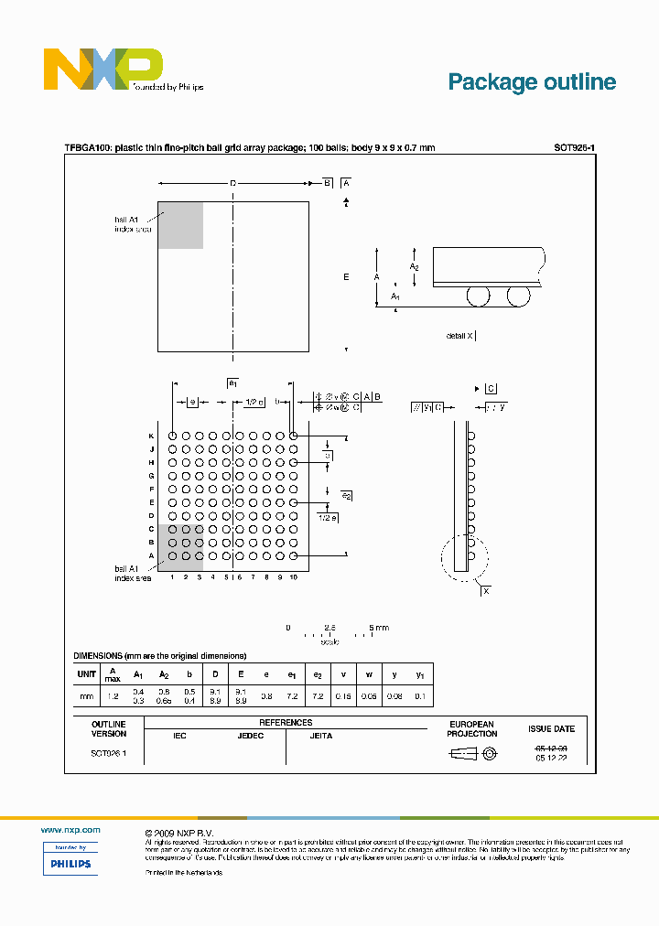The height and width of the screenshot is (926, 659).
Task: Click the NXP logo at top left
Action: coord(103,70)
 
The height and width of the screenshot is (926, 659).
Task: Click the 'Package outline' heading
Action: coord(532,81)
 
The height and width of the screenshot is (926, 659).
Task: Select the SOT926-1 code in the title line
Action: coord(575,147)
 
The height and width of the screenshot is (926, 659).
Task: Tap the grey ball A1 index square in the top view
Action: coord(180,225)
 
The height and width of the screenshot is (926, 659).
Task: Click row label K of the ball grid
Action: coord(152,436)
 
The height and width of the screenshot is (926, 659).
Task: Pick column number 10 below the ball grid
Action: coord(294,577)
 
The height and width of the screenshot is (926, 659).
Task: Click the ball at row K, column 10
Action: coord(294,436)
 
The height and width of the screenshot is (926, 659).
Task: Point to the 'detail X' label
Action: coord(459,336)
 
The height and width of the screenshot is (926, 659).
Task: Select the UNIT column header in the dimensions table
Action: coord(87,674)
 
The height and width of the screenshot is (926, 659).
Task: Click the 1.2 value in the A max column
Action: coord(113,696)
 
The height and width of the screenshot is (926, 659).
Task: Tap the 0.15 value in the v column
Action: coord(343,696)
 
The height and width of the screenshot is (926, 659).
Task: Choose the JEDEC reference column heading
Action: coord(251,736)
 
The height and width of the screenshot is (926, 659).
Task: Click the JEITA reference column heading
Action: coord(321,736)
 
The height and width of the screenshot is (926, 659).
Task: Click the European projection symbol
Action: coord(472,754)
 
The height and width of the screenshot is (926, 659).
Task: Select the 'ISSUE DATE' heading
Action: coord(552,729)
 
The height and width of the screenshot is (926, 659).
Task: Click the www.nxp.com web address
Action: coord(70,829)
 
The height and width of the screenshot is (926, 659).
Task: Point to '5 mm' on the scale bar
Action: coord(379,628)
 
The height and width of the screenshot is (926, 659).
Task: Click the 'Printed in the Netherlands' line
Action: coord(184,873)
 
